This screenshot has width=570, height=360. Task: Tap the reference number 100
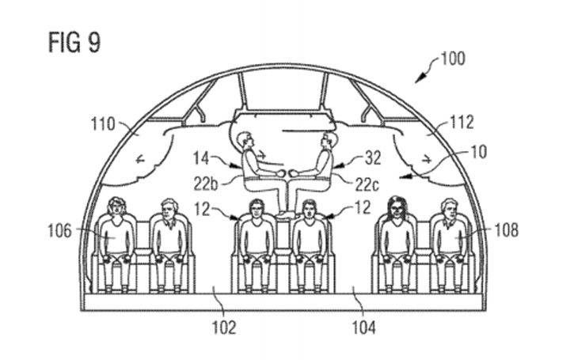[454, 59]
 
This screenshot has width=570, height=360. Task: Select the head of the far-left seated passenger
[117, 208]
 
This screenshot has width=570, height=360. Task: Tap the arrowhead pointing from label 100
[420, 79]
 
